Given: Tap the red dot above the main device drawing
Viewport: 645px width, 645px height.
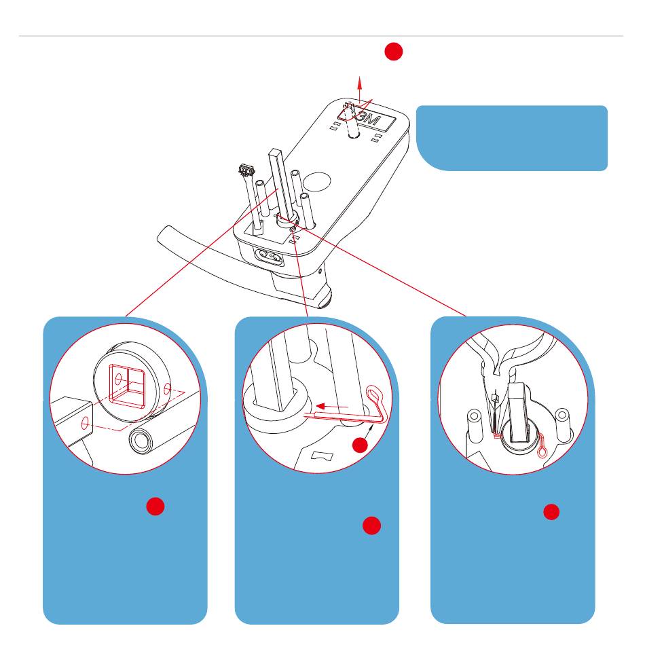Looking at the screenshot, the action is (x=393, y=52).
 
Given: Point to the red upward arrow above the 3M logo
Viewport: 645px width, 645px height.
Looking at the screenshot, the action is (x=360, y=89).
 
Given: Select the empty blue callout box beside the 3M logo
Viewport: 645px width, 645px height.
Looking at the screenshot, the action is (x=512, y=139).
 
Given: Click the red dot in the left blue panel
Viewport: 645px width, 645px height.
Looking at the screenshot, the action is (x=155, y=506).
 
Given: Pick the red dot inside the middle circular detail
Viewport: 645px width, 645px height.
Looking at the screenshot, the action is (x=361, y=445).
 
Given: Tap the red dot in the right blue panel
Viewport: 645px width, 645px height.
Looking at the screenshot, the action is (x=551, y=512).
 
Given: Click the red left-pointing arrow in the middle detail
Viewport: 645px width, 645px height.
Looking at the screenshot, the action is (x=332, y=407).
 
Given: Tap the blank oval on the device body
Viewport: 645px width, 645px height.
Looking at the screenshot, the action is (x=317, y=182).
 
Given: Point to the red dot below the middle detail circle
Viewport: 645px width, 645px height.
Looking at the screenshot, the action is (x=371, y=526).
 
